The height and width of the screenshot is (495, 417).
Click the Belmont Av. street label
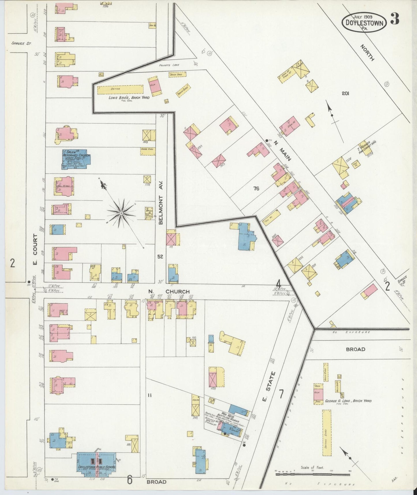click(x=161, y=203)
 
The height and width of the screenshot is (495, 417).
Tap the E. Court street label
click(x=35, y=248)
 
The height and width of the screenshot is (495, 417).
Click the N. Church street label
click(x=169, y=292)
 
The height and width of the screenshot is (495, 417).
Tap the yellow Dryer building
click(x=120, y=89)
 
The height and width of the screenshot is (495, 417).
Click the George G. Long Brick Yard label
click(x=348, y=401)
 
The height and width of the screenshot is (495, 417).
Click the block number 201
click(x=345, y=93)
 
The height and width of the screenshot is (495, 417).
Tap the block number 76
click(x=256, y=189)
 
